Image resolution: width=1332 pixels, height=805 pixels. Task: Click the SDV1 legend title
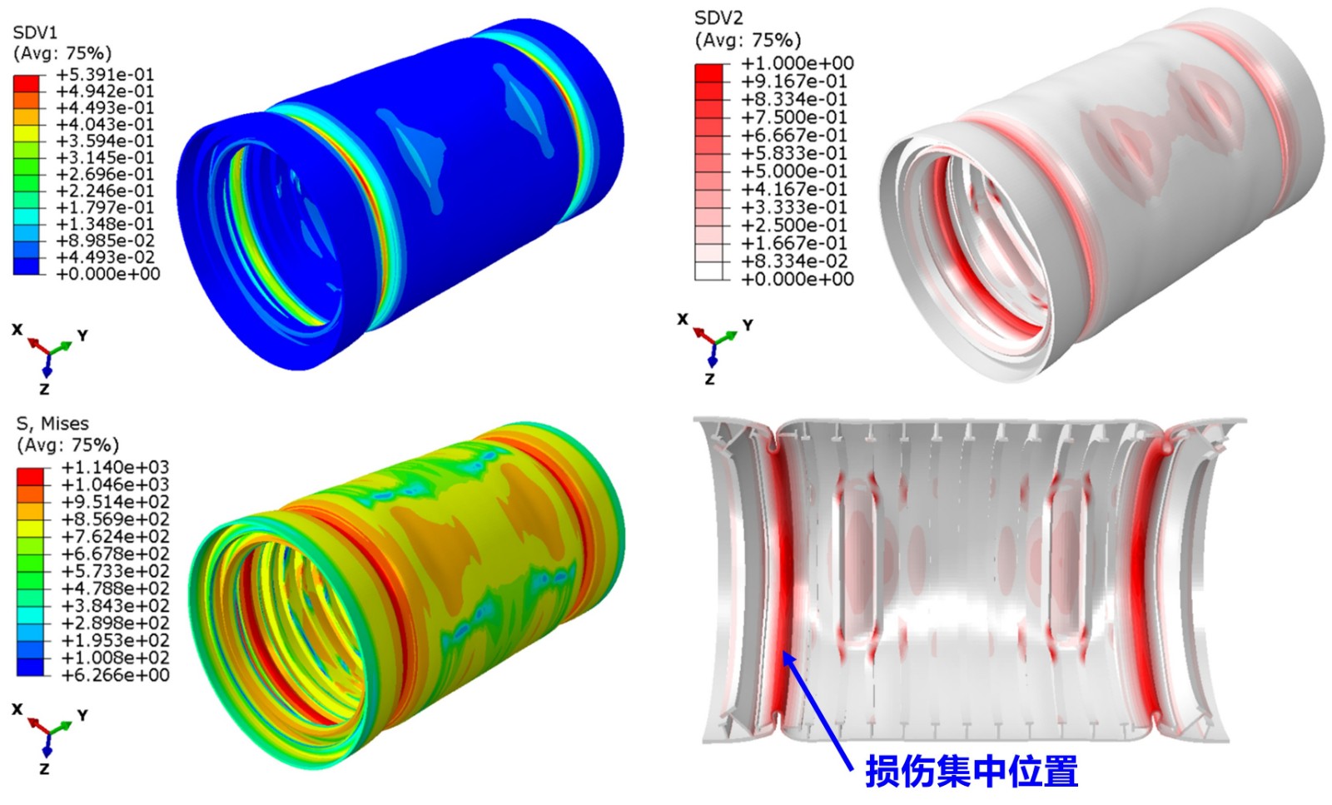coord(35,32)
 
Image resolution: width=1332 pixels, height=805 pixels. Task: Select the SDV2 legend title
coord(718,18)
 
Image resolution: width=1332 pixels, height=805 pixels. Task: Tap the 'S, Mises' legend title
coord(52,423)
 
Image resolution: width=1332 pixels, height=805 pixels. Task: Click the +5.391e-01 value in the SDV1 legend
coord(105,74)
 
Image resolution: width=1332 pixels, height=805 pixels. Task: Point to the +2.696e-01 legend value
coord(105,174)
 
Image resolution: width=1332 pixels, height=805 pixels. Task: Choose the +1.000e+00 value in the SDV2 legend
coord(797,63)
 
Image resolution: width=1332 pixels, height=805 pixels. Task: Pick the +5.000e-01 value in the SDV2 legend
coord(794,171)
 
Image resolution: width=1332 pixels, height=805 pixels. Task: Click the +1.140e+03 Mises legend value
coord(116,467)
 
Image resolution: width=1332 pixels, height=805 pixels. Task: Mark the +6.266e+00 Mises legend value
coord(116,675)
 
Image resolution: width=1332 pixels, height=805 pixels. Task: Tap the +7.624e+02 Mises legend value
coord(116,536)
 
